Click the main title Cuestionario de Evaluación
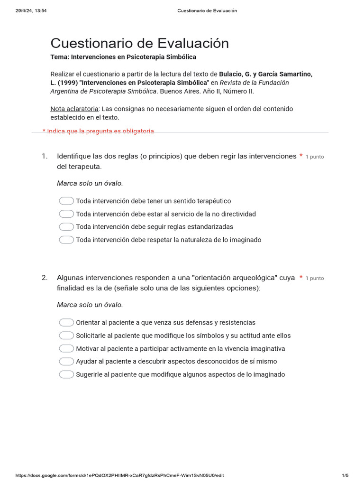coord(139,43)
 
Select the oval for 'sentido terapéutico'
coord(66,201)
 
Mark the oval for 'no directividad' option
coord(66,214)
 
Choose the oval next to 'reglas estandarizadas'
coord(66,227)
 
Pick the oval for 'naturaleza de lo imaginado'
coord(66,240)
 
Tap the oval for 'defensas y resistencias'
coord(66,323)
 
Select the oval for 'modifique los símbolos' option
coord(66,336)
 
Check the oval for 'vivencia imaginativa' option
coord(66,348)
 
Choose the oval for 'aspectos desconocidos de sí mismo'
coord(66,361)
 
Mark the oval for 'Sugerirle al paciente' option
coord(66,374)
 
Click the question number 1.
coord(45,156)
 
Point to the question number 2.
coord(45,278)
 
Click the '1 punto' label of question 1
coord(315,157)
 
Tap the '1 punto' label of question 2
coord(315,278)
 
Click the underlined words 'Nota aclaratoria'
coord(74,109)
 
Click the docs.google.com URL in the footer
coord(119,476)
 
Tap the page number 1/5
coord(345,476)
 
